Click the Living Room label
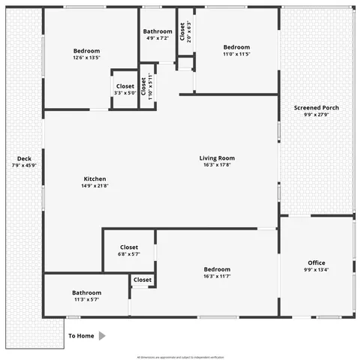[217, 157]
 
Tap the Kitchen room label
[95, 178]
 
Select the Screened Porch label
[316, 108]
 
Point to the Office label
[316, 262]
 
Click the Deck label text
[24, 159]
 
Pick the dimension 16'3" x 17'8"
[217, 165]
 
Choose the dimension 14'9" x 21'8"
[95, 186]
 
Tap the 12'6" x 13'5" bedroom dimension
[87, 57]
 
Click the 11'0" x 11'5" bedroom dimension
[236, 54]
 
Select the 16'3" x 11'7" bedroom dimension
[217, 277]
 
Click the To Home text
[82, 336]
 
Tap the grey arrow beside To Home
[103, 336]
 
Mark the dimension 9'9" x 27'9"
[316, 115]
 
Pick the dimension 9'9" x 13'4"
[316, 270]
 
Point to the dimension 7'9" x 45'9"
[24, 166]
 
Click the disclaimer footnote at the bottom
[180, 357]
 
